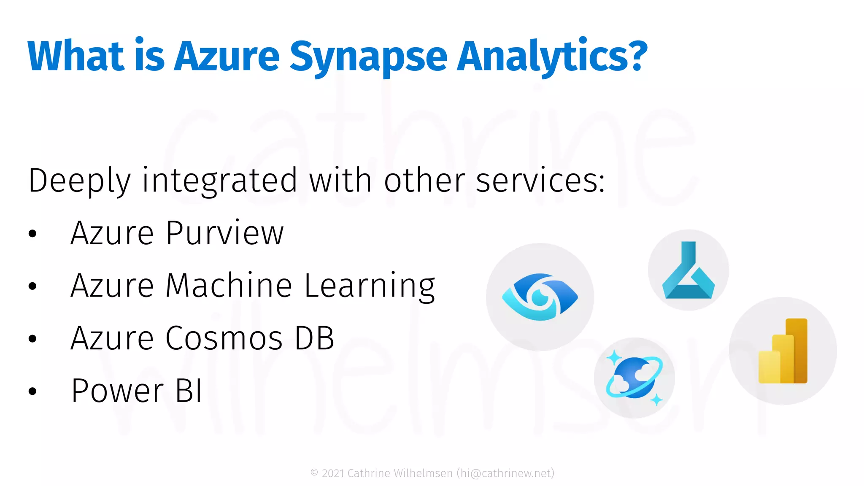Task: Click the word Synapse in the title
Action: (368, 57)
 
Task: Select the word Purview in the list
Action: (225, 233)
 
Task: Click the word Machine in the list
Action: (229, 286)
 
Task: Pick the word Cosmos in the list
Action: (224, 338)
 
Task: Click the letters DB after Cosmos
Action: (314, 338)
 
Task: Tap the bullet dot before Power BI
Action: (32, 391)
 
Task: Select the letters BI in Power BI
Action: (189, 391)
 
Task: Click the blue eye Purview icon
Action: (540, 297)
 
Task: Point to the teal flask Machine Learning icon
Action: (688, 271)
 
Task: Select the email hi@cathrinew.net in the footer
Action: (505, 473)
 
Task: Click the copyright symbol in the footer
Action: (314, 473)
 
